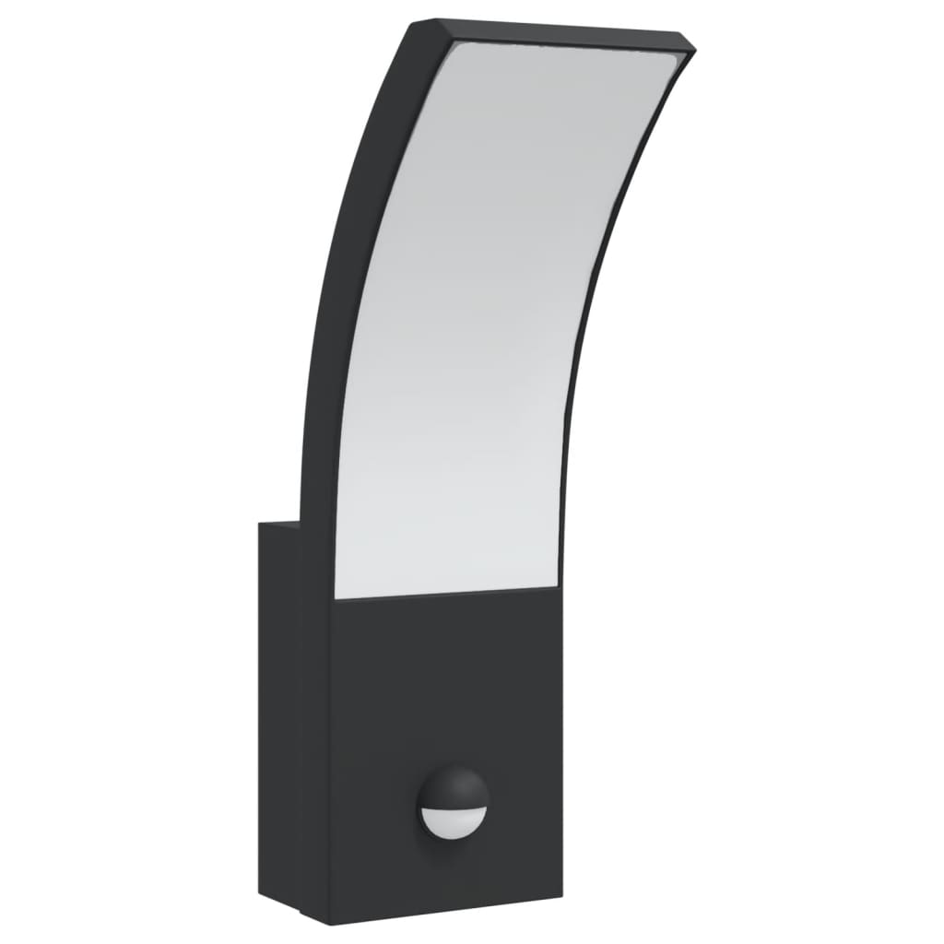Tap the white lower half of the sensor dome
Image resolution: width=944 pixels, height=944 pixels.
coord(451,820)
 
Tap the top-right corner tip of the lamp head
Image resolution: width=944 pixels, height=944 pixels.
coord(694,42)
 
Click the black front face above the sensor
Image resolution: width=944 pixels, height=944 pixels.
coord(442,682)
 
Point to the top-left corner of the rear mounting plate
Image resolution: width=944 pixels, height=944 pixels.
coord(260,524)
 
